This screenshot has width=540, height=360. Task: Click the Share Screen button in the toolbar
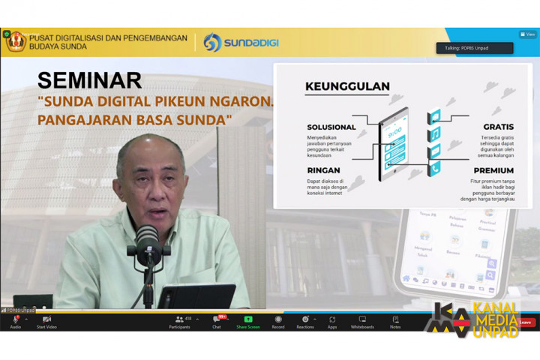pyautogui.click(x=248, y=320)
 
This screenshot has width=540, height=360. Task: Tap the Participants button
pyautogui.click(x=181, y=320)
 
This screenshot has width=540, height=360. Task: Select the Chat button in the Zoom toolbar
pyautogui.click(x=217, y=320)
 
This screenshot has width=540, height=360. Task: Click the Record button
pyautogui.click(x=278, y=320)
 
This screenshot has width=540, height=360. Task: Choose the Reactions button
pyautogui.click(x=305, y=320)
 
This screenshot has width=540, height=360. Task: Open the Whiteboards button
pyautogui.click(x=362, y=320)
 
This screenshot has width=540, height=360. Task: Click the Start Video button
pyautogui.click(x=46, y=320)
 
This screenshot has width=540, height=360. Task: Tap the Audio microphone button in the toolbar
pyautogui.click(x=15, y=320)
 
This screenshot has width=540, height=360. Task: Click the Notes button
pyautogui.click(x=395, y=320)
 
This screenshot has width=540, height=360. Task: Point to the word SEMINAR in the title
pyautogui.click(x=89, y=80)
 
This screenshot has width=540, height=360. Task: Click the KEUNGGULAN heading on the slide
pyautogui.click(x=347, y=86)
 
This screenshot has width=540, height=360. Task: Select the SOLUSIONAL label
pyautogui.click(x=331, y=127)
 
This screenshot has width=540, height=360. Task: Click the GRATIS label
pyautogui.click(x=498, y=127)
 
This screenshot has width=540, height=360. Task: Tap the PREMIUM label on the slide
pyautogui.click(x=493, y=171)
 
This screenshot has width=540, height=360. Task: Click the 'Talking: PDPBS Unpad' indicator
pyautogui.click(x=475, y=48)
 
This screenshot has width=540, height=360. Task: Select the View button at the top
pyautogui.click(x=528, y=34)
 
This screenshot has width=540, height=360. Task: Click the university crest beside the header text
pyautogui.click(x=15, y=41)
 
